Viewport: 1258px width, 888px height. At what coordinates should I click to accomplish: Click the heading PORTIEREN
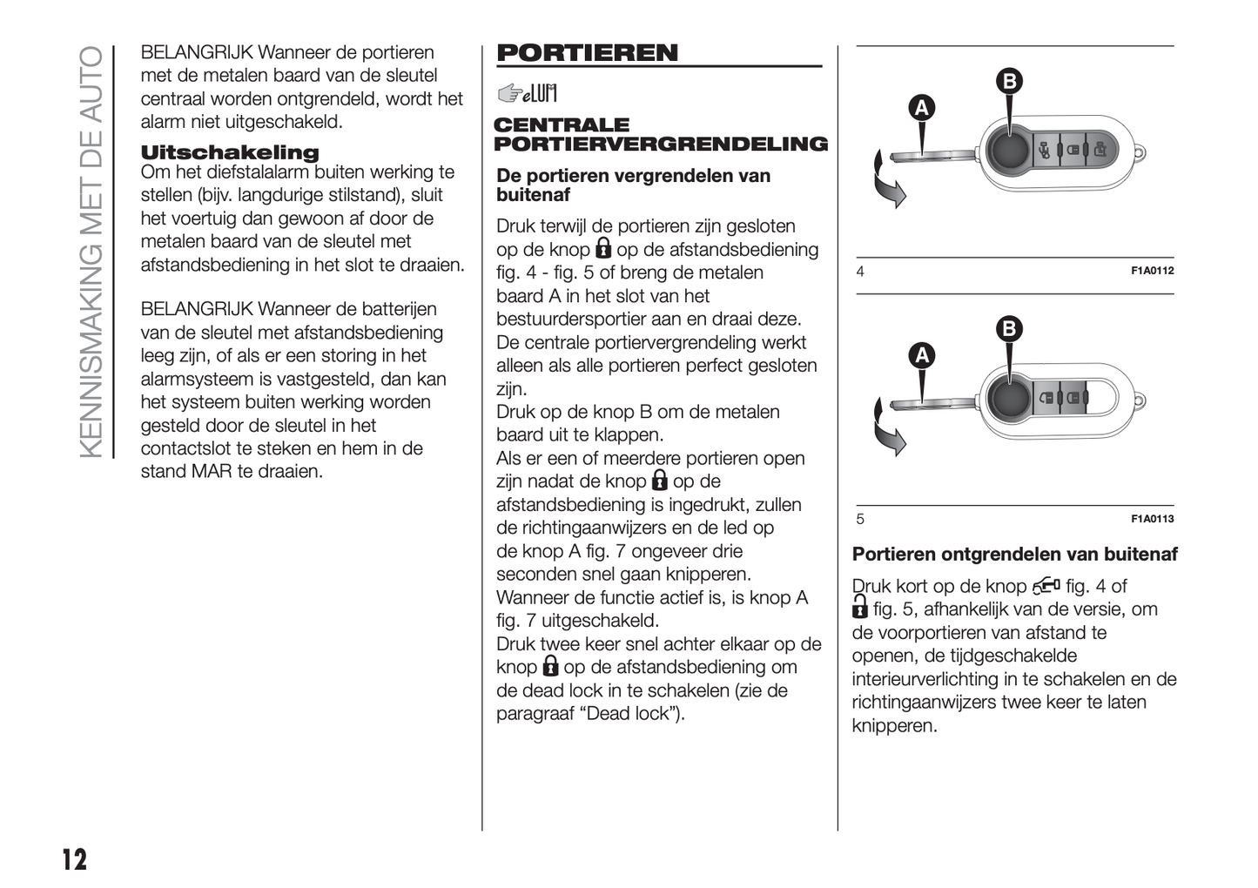tap(587, 53)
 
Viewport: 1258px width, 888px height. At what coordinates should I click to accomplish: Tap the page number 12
tap(75, 859)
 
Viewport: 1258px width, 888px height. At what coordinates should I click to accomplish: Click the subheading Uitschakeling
tap(230, 152)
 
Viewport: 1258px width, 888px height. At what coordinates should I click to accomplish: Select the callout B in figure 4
tap(1009, 82)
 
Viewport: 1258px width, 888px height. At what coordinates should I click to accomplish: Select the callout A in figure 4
tap(921, 108)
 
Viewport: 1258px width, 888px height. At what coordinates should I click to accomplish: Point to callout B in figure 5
tap(1009, 329)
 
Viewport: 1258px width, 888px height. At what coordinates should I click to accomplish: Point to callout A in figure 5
tap(921, 355)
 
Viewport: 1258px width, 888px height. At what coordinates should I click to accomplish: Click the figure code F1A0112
tap(1152, 271)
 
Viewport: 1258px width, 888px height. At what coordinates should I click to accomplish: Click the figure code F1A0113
tap(1152, 519)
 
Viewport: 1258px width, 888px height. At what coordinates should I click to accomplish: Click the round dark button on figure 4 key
tap(1010, 151)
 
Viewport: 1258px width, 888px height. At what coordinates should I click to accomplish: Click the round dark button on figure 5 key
tap(1010, 398)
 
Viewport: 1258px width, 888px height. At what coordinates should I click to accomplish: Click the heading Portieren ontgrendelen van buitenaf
tap(1014, 555)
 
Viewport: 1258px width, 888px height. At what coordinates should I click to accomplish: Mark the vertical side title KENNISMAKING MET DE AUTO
tap(91, 252)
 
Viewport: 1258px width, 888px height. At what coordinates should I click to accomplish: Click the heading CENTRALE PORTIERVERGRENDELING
tap(660, 135)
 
